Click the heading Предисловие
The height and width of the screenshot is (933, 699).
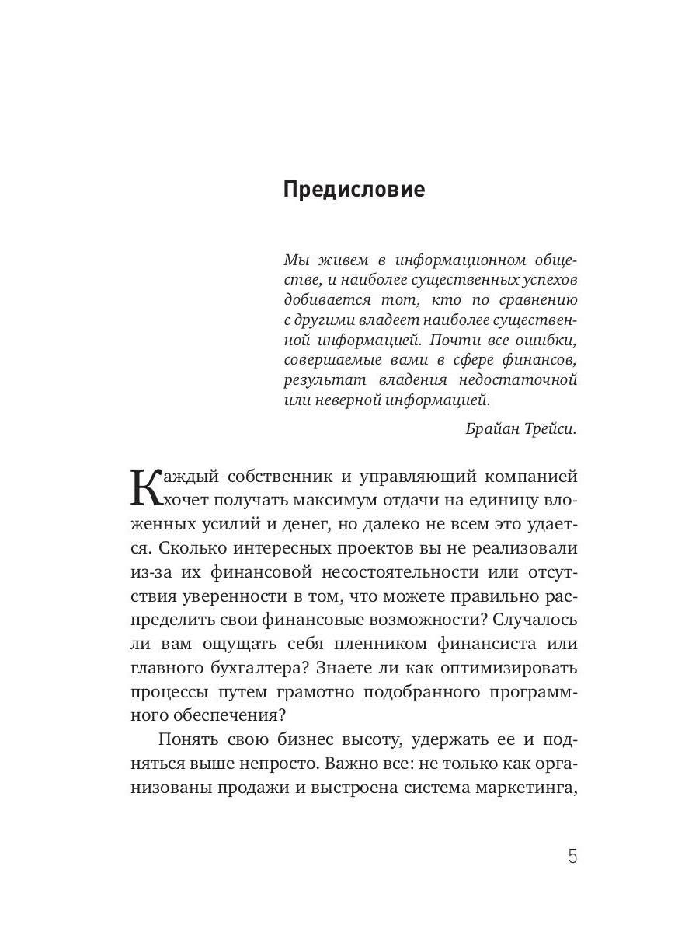coord(353,190)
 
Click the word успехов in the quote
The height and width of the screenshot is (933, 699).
coord(548,279)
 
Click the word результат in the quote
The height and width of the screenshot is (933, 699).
coord(319,380)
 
